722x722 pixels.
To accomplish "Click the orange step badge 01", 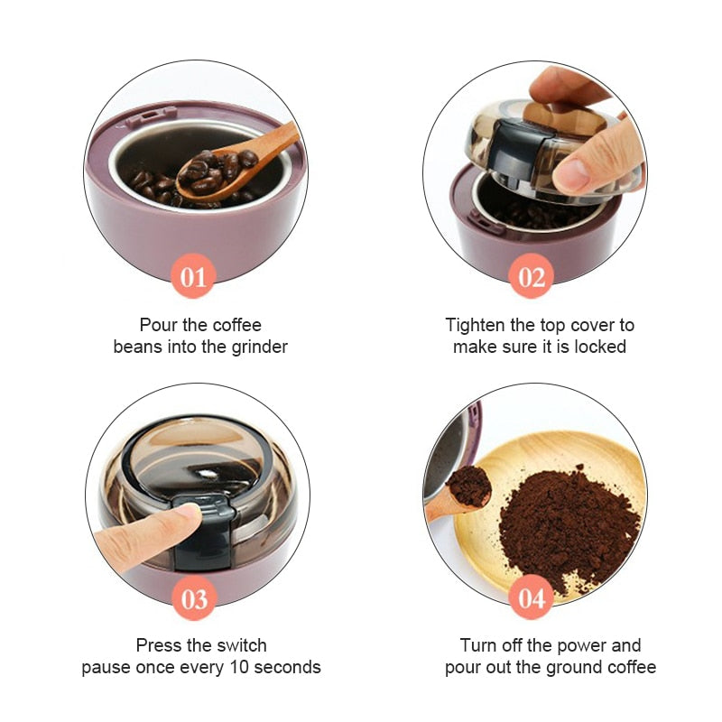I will click(194, 277).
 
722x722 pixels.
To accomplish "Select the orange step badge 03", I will click(194, 599).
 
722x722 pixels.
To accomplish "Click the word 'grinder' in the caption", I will click(257, 347).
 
